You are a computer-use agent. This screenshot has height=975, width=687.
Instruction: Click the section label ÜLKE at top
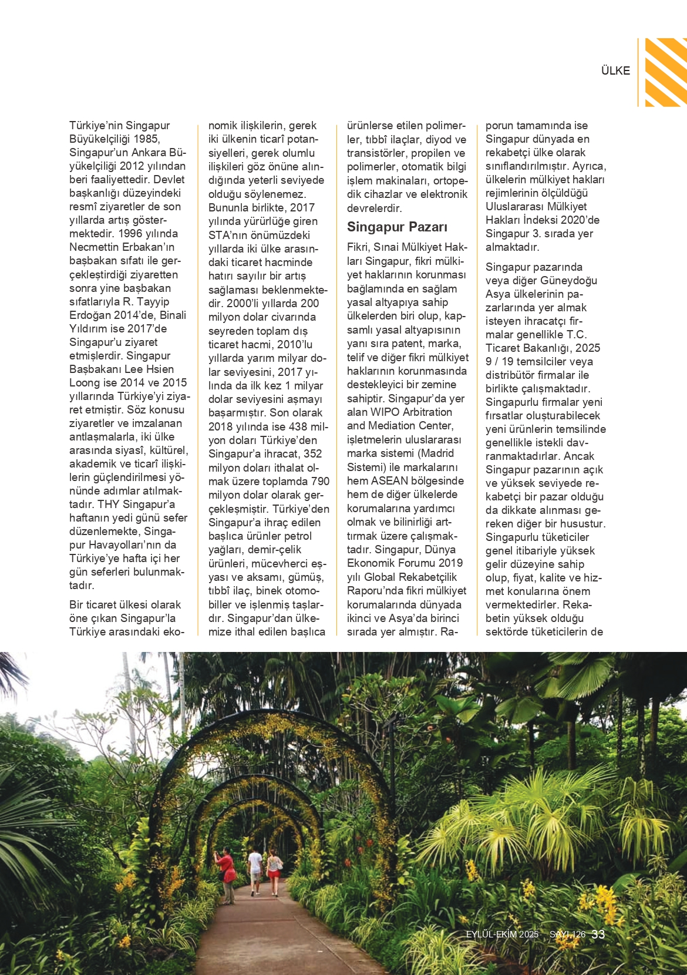tap(615, 71)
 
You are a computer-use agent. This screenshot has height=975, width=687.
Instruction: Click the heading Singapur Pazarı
tap(397, 227)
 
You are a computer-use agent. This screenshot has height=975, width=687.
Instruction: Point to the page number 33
tap(598, 934)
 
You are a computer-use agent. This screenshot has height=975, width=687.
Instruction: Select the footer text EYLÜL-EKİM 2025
tap(502, 934)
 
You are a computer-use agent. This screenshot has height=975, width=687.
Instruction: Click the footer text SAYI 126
tap(567, 934)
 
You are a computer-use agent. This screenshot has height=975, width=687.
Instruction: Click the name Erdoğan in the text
tap(90, 315)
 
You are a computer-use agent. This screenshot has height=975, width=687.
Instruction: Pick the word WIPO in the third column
tap(385, 412)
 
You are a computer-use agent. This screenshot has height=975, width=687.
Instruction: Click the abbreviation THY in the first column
tap(109, 505)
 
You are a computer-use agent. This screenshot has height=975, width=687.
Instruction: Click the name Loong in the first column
tap(85, 383)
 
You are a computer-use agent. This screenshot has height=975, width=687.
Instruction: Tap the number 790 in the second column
tap(320, 482)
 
